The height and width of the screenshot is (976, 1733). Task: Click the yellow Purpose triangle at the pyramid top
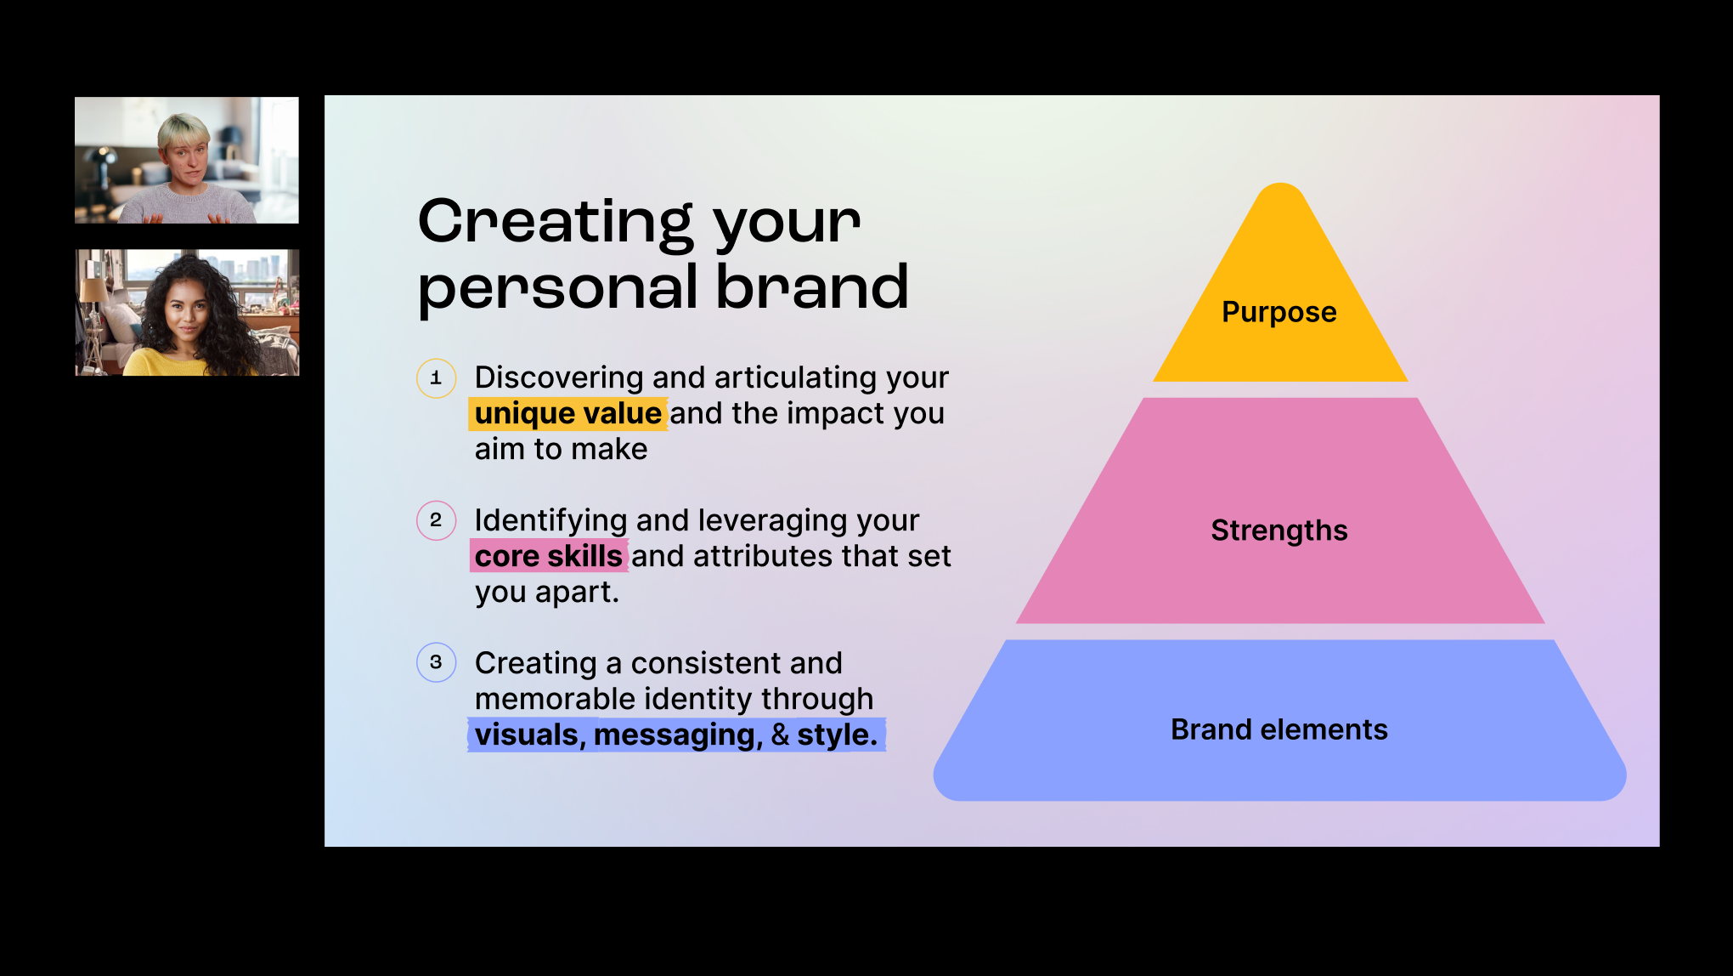click(1280, 323)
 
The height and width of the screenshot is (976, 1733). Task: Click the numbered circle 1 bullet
click(436, 378)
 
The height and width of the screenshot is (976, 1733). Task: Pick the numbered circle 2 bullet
click(436, 520)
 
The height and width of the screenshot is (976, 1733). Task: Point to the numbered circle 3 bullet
click(436, 662)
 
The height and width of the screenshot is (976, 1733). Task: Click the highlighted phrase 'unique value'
click(567, 414)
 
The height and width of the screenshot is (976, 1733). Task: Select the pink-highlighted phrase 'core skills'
click(549, 556)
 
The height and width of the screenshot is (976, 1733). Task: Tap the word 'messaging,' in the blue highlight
click(678, 735)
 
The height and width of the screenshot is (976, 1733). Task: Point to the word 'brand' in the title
click(812, 287)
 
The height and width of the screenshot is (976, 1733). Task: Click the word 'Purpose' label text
click(1279, 313)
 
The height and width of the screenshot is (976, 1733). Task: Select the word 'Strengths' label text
click(1279, 531)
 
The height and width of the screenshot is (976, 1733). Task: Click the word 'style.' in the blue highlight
click(837, 735)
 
